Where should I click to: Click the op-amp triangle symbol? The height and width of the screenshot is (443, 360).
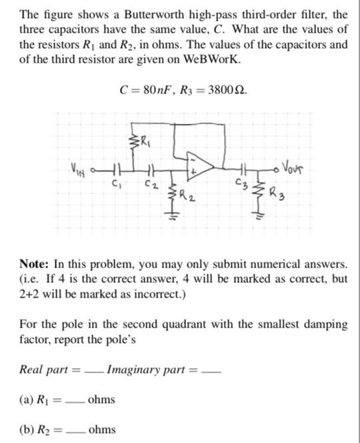201,165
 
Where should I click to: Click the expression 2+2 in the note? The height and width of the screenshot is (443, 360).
32,294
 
